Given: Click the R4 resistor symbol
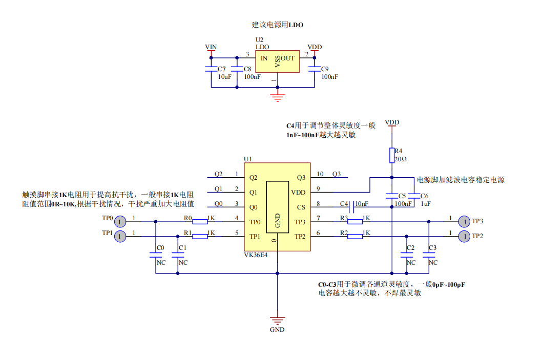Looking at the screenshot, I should pos(392,155).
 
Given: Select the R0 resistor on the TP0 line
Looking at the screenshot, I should pos(200,221).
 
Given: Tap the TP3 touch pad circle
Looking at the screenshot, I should pos(463,221).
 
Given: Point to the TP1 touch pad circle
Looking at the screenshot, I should pos(119,236).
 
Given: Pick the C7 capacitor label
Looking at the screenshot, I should pos(221,69).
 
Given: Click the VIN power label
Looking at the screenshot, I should pos(211,47).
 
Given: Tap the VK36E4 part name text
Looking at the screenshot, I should pos(256,255).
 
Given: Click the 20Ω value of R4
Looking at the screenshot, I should pos(401,159).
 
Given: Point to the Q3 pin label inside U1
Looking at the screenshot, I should pos(301,178).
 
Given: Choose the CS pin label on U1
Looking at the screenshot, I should pos(301,207).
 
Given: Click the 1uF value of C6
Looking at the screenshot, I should pos(426,203).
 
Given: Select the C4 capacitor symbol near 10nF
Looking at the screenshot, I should pos(352,207).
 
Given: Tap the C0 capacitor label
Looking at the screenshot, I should pos(160,248).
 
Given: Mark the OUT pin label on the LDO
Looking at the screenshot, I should pos(288,58).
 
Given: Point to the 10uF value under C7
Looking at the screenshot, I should pos(224,77).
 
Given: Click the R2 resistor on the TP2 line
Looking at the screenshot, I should pos(355,236).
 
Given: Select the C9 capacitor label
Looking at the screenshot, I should pos(325,69).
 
